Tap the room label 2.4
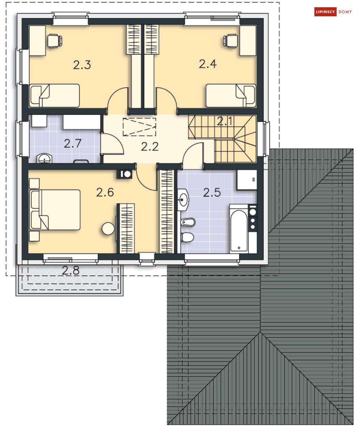tap(208, 64)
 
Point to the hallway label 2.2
tap(149, 147)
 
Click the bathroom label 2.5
tap(212, 192)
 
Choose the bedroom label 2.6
tap(105, 192)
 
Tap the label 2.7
tap(73, 144)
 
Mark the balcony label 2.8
tap(71, 270)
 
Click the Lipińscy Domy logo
tap(333, 12)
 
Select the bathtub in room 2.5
tap(239, 229)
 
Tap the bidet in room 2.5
tap(188, 221)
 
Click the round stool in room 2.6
tap(108, 228)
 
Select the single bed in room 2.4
tap(230, 96)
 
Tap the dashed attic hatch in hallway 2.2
tap(139, 127)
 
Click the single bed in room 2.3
tap(54, 96)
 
